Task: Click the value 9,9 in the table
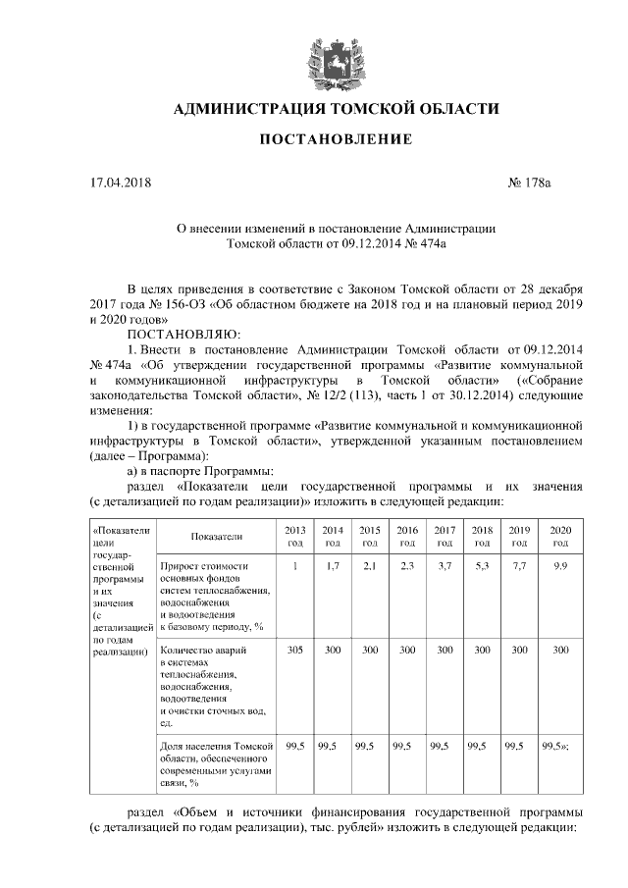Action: (x=560, y=567)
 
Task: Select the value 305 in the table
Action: (x=294, y=650)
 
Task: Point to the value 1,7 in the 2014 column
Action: (x=332, y=567)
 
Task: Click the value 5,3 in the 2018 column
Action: (x=482, y=567)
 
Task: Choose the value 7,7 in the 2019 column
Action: (x=520, y=567)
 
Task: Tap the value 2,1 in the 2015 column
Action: (x=370, y=567)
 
